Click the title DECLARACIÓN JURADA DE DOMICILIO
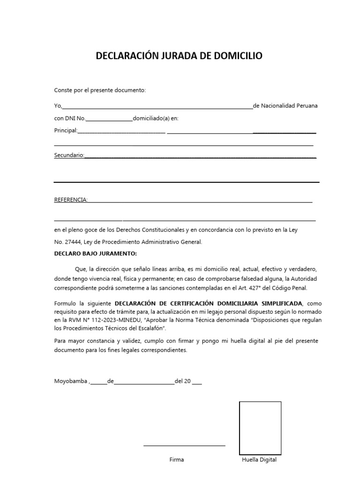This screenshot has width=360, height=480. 179,56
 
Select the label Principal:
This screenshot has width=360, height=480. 65,130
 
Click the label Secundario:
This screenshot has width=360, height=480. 69,155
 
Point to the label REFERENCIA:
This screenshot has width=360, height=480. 71,200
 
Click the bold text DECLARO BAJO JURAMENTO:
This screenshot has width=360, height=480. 95,254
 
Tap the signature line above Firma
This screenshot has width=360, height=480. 184,445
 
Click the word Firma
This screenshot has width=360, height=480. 177,460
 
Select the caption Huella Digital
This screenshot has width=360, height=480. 259,460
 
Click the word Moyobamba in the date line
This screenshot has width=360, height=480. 71,381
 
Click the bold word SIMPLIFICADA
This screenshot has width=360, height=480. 276,303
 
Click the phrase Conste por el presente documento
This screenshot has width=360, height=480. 100,90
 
